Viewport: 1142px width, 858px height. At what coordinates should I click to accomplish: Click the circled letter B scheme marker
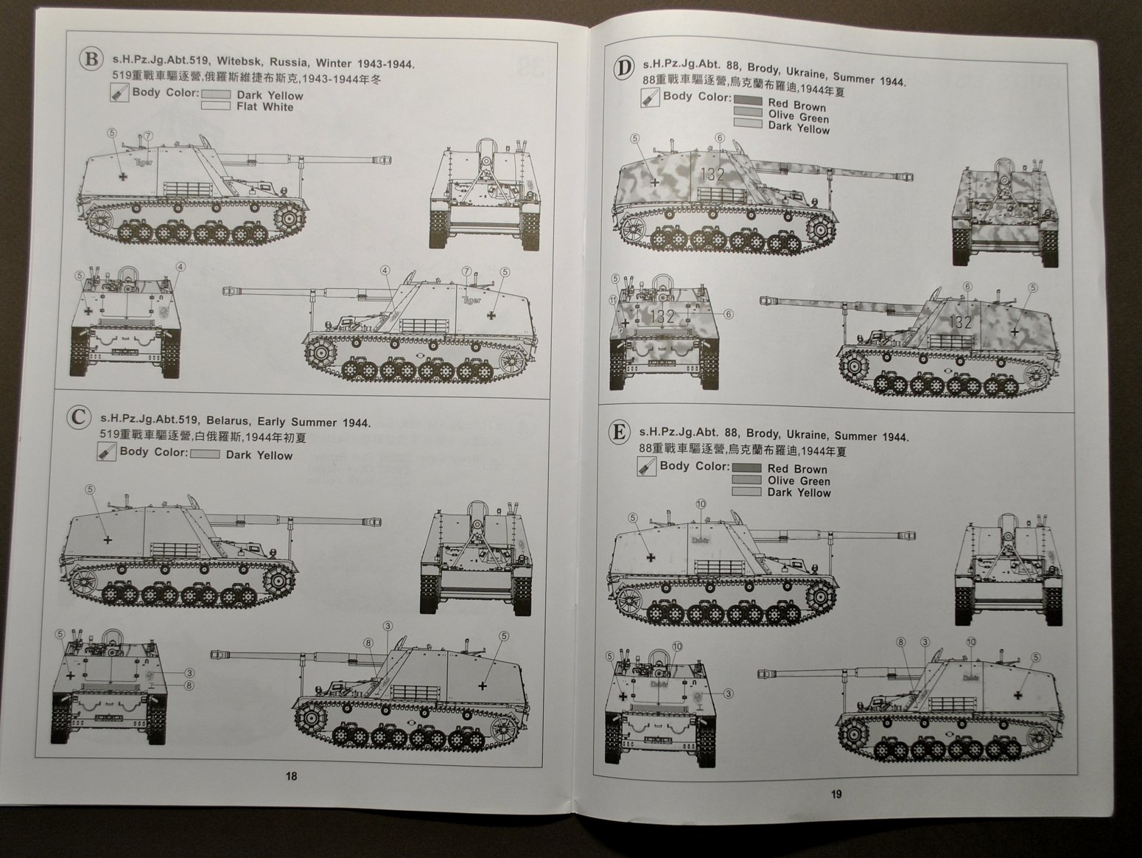tap(91, 60)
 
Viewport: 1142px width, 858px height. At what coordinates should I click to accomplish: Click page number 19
tap(836, 794)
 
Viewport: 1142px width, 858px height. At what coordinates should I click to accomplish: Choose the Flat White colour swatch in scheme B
tap(216, 107)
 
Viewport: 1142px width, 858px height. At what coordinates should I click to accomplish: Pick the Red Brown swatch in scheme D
tap(748, 102)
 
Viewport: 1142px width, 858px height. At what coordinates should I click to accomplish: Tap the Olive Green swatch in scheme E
tap(746, 481)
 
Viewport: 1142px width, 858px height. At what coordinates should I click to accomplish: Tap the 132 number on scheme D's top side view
tap(712, 175)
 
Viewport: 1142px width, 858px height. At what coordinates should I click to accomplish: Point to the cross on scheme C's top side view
tap(108, 540)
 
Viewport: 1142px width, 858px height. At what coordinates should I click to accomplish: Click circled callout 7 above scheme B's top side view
tap(148, 136)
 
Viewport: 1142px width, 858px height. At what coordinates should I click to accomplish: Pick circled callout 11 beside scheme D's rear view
tap(613, 300)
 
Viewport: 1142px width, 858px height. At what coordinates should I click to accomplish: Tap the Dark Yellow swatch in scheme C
tap(205, 455)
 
